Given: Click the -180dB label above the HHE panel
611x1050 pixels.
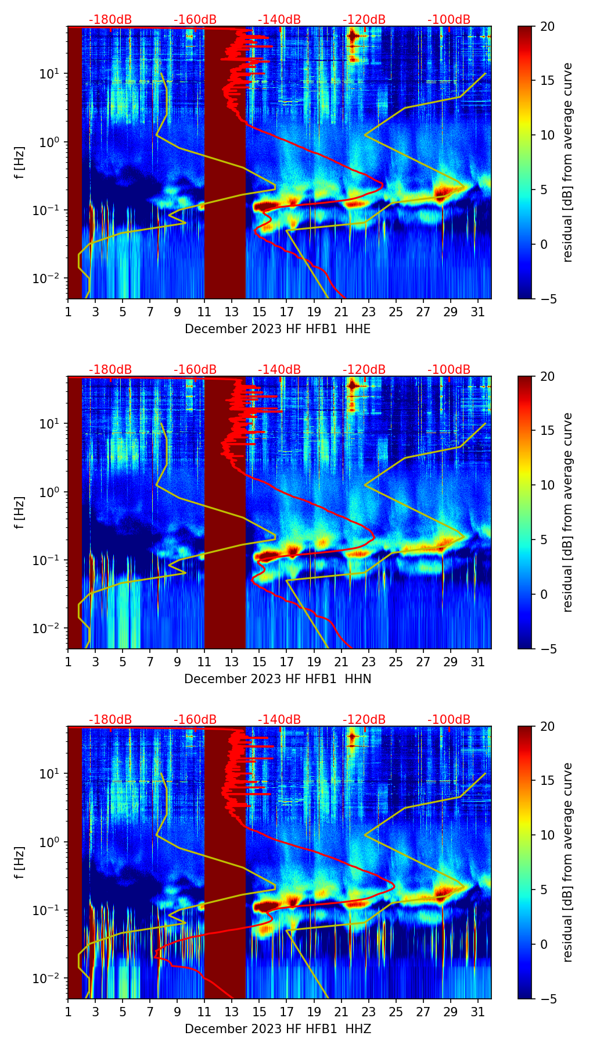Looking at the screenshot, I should click(110, 20).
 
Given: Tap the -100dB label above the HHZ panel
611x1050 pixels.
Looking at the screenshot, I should click(449, 720).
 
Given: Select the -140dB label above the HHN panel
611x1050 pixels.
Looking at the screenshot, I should click(279, 370).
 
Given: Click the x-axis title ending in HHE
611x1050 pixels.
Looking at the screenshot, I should click(278, 329).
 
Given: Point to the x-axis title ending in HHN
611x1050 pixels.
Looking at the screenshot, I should click(278, 679).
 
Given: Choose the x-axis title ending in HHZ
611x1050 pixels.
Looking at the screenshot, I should click(278, 1029).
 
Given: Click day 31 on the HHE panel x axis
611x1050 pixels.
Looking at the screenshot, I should click(478, 312).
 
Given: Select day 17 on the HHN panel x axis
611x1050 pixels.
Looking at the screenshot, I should click(287, 662).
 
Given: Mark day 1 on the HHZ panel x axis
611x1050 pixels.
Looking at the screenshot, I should click(68, 1012).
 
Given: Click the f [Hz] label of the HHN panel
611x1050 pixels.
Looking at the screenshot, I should click(20, 512).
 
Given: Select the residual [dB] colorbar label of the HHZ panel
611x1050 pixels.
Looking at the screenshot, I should click(567, 862).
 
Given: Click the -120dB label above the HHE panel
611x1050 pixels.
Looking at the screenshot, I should click(364, 20).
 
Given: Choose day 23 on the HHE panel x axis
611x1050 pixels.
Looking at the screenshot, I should click(369, 312).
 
